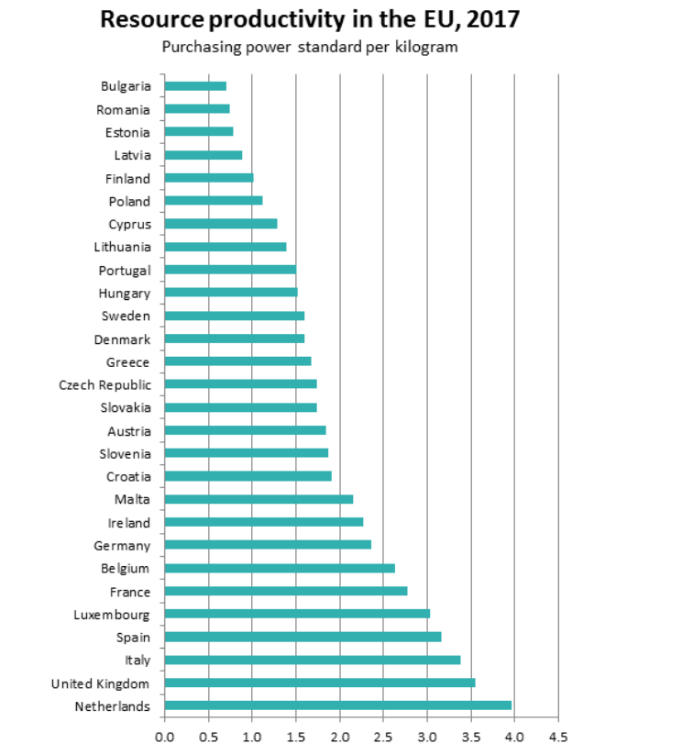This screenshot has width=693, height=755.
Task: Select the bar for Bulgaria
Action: pos(195,86)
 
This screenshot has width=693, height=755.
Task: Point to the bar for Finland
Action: pos(209,178)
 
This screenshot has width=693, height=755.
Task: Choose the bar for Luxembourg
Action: pos(297,614)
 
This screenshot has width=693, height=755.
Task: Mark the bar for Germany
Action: pos(268,545)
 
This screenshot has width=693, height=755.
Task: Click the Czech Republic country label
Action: pos(104,384)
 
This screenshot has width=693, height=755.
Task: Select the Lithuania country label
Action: pos(122,247)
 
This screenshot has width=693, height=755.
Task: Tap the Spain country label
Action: pos(133,637)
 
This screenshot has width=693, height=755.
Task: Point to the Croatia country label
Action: pos(128,476)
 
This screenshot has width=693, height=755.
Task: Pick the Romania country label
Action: pos(123,109)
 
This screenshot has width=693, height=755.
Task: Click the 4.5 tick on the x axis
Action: pos(558,736)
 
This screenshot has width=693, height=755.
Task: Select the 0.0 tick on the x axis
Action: pos(165,736)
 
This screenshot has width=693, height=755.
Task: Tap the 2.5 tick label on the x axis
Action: pos(383,736)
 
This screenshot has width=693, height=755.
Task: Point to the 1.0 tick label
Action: pos(252,736)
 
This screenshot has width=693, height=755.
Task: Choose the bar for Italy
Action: pos(312,660)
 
